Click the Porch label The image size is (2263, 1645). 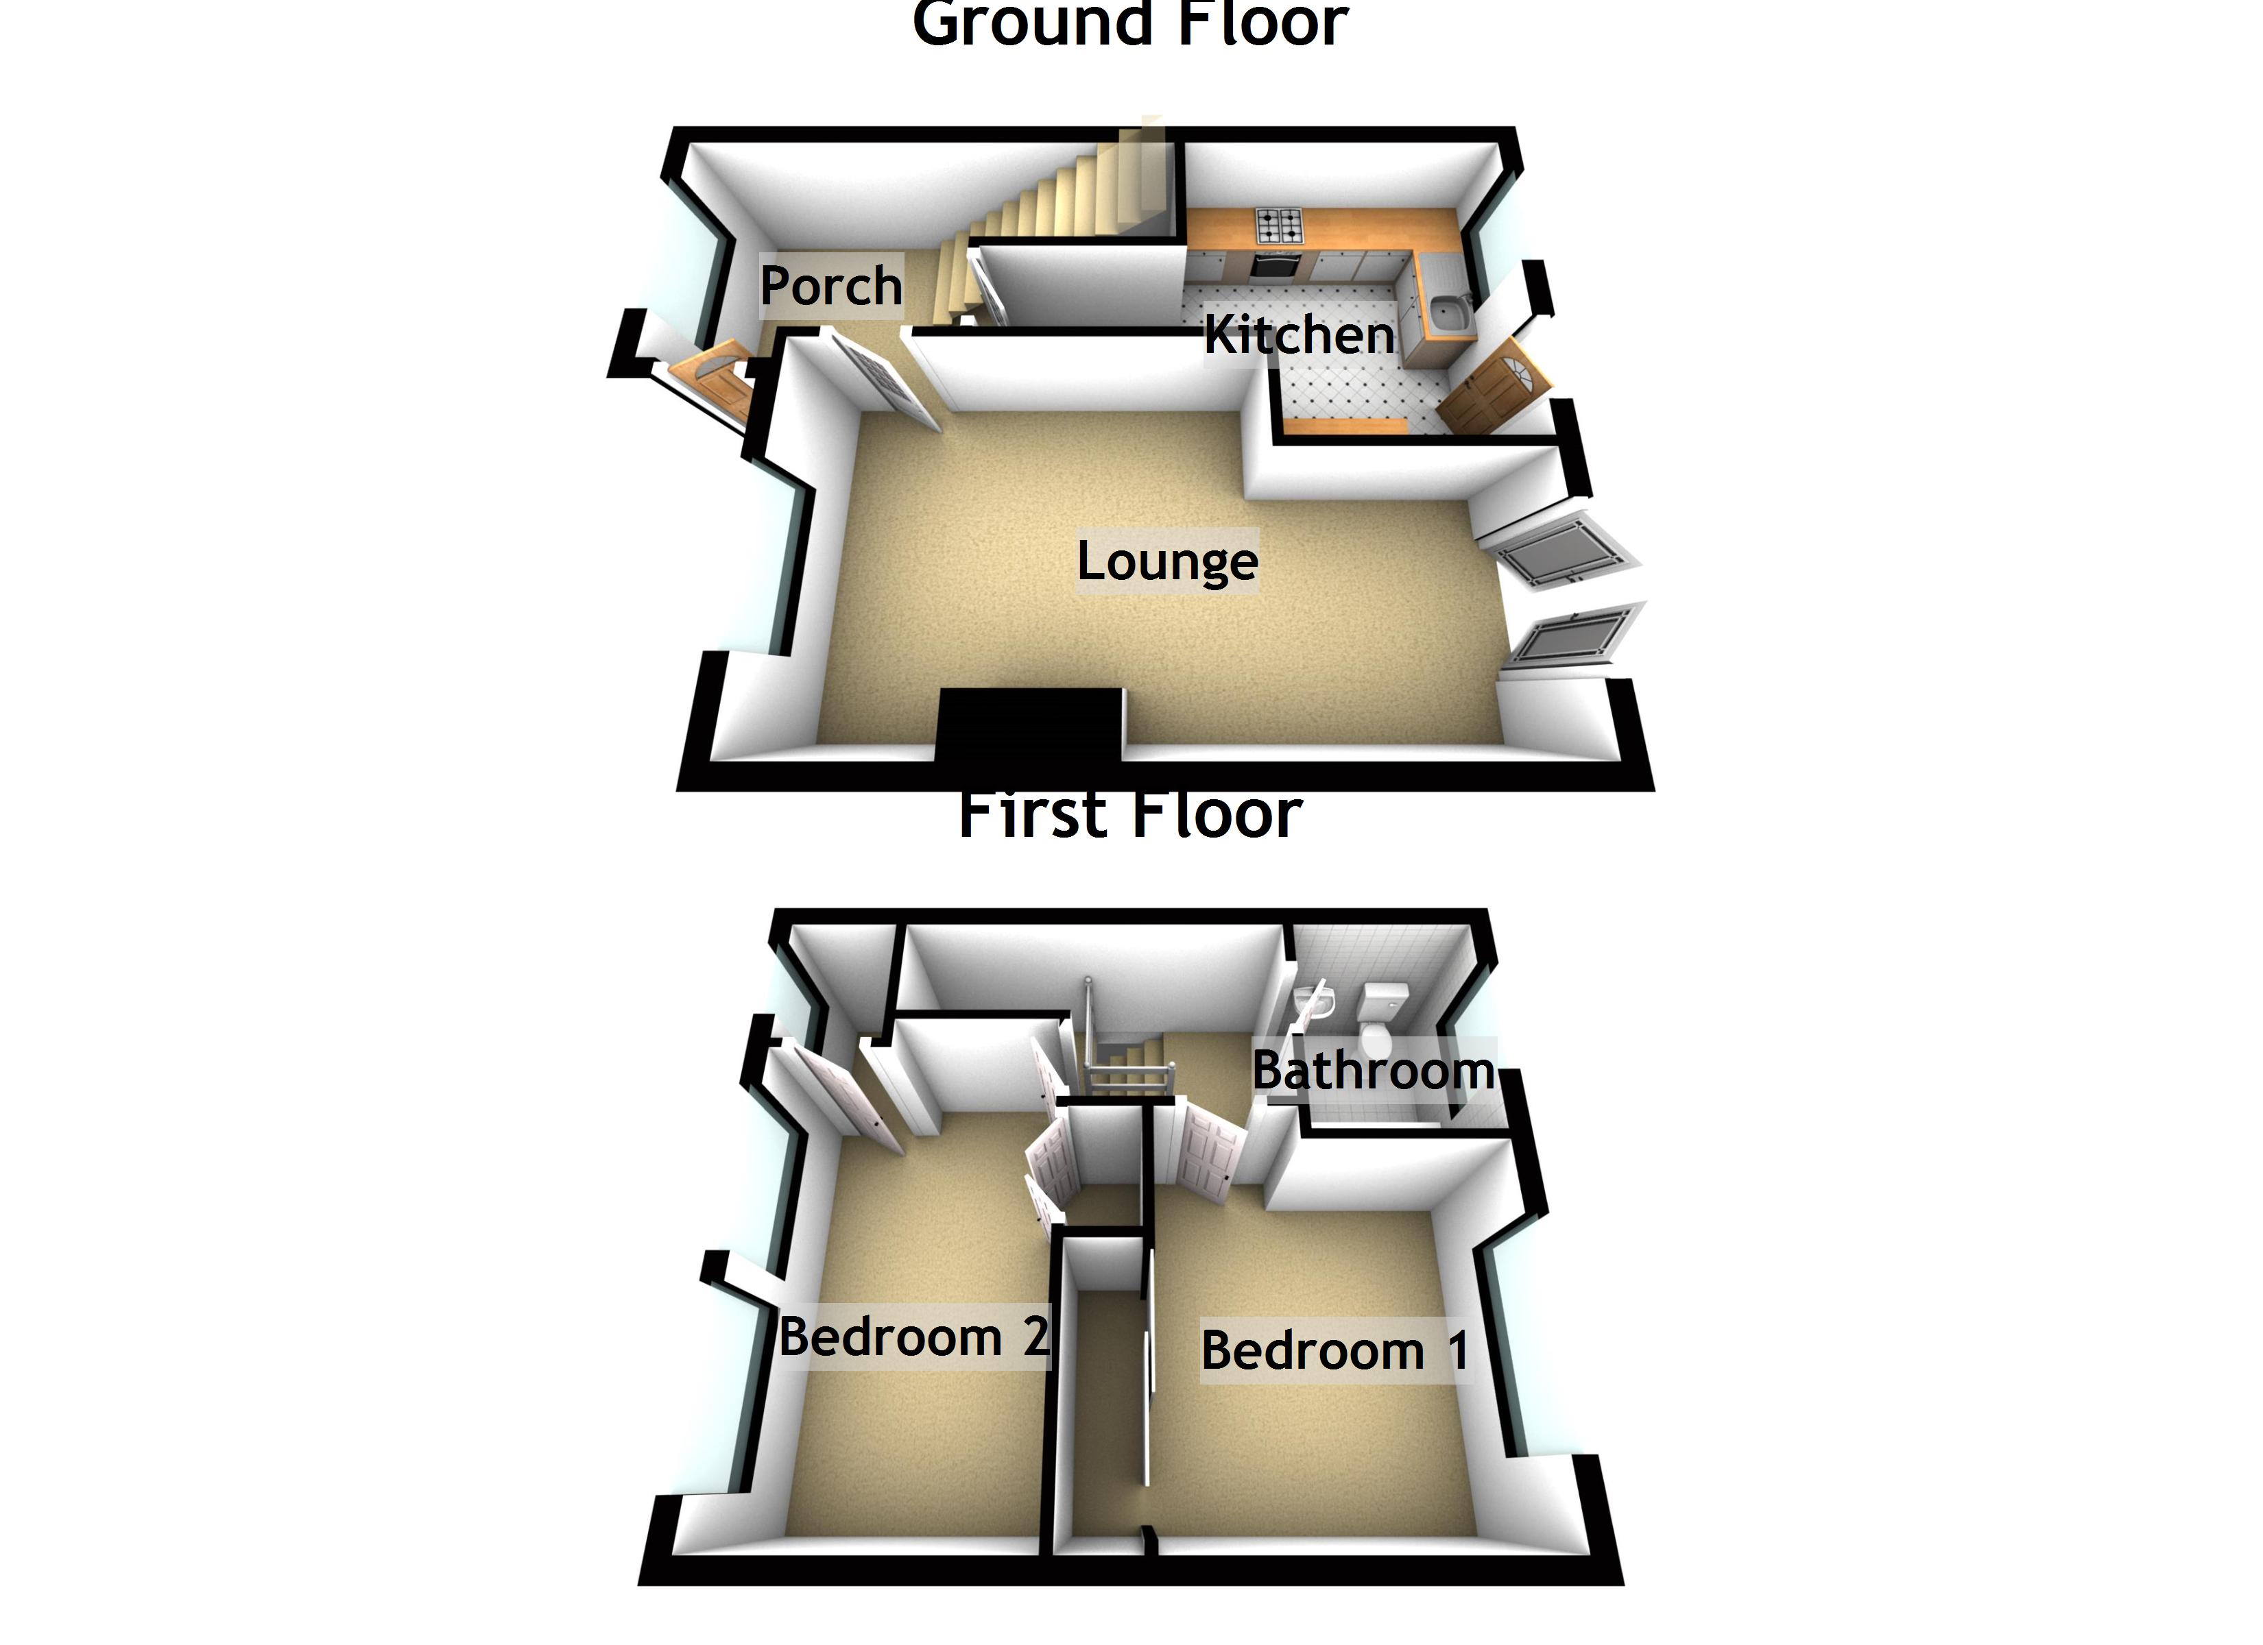tap(830, 287)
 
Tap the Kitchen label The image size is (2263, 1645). tap(1298, 335)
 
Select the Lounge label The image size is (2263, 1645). tap(1166, 561)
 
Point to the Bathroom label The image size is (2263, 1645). tap(1373, 1071)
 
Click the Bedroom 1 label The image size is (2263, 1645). tap(1334, 1351)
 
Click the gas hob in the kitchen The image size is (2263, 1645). tap(1279, 226)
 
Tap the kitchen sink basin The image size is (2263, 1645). tap(1446, 314)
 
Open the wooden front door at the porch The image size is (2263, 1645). tap(710, 379)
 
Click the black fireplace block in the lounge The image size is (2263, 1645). tap(1030, 727)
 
